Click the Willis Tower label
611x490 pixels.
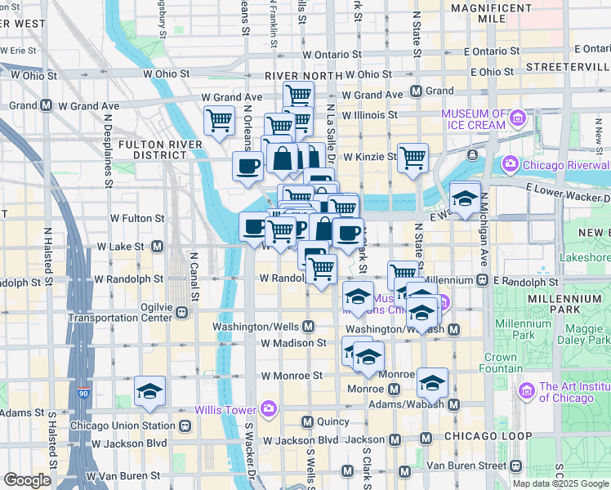point(223,409)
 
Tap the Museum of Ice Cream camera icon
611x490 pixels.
point(516,119)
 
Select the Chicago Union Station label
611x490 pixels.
point(123,425)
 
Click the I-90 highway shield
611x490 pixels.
point(84,393)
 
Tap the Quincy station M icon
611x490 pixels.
point(308,421)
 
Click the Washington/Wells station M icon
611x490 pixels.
point(308,327)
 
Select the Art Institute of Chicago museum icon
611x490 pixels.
point(527,392)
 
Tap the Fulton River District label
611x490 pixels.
point(153,149)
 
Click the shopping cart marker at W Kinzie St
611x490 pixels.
point(413,157)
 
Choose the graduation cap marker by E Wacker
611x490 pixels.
point(465,198)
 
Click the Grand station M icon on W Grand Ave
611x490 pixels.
point(416,91)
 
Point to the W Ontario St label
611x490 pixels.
point(331,55)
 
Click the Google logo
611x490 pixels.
point(27,479)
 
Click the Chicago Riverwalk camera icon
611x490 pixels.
point(511,164)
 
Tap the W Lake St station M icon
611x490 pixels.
point(156,246)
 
